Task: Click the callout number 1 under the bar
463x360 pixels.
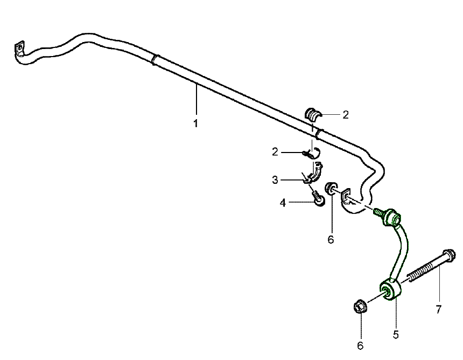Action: (195, 123)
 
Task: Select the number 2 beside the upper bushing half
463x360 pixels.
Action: (346, 115)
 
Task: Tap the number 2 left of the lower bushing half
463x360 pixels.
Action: (275, 152)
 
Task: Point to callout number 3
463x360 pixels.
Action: (275, 179)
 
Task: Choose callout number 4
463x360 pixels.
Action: (283, 203)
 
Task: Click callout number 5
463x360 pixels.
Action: (396, 335)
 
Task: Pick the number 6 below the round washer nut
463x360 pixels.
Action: (331, 240)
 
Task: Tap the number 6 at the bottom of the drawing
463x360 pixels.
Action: (360, 345)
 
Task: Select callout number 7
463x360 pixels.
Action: (438, 309)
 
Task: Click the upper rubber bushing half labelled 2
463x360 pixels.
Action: (312, 114)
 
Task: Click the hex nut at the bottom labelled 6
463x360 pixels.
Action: (360, 306)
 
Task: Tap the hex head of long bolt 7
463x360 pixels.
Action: (449, 255)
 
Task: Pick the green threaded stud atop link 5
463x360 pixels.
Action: (379, 212)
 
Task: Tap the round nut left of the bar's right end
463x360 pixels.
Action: (331, 189)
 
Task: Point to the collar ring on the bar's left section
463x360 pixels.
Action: (155, 60)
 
